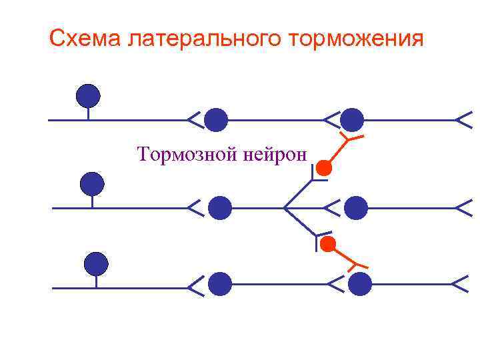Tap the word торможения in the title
click(x=357, y=39)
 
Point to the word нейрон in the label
click(x=275, y=155)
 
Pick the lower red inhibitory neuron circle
click(x=327, y=245)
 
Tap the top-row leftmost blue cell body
click(x=88, y=97)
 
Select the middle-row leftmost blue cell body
click(x=92, y=183)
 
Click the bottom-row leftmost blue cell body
click(x=97, y=264)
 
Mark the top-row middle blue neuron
click(x=215, y=120)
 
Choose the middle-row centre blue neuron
click(x=219, y=208)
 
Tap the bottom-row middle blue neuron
click(x=220, y=285)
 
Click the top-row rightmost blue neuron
click(x=352, y=120)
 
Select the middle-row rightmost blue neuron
click(x=357, y=208)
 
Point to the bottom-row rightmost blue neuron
click(x=360, y=285)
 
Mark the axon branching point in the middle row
click(x=285, y=208)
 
